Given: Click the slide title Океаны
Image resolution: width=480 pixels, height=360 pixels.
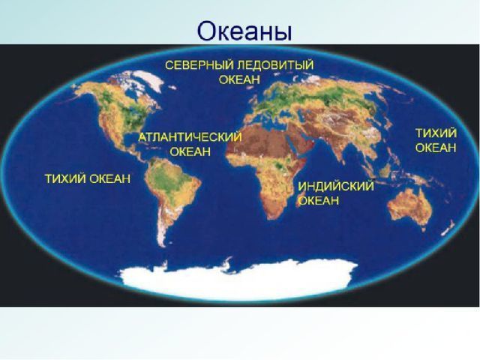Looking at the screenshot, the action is click(244, 31).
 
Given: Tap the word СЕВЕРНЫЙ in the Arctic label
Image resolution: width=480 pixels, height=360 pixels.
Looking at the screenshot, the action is click(199, 65).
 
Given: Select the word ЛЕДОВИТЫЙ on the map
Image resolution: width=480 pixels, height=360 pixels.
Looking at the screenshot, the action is click(275, 65).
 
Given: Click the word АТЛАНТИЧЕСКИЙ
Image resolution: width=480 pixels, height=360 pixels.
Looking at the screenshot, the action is click(190, 137).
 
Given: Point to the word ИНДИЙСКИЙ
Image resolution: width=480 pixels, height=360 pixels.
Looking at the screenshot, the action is click(336, 186).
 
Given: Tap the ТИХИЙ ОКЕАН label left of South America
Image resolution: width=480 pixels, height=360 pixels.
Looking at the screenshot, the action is click(88, 178).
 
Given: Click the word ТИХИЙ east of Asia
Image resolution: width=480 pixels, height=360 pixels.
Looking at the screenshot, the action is click(436, 133).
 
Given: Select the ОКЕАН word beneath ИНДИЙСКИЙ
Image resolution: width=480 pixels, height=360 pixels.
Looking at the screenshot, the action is click(318, 200).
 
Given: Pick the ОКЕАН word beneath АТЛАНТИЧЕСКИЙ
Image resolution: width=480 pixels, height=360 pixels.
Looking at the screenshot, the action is click(190, 151).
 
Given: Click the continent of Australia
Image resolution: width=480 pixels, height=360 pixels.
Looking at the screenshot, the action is click(409, 205).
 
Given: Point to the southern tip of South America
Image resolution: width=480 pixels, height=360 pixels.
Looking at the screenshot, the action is click(163, 246).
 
